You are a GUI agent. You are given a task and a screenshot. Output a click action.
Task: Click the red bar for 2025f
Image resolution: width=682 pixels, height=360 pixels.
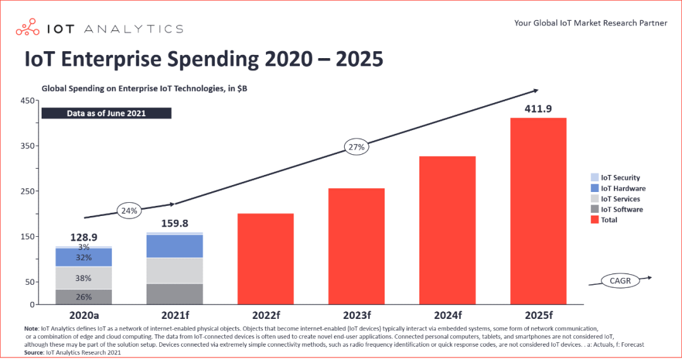pos(538,211)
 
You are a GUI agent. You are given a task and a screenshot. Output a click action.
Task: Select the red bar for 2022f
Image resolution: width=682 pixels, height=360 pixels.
pos(265,259)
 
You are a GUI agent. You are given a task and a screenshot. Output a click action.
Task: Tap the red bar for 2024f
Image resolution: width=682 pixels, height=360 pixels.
pos(448,230)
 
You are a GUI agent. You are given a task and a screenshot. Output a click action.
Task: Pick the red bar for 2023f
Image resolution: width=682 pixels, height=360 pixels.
pos(356,246)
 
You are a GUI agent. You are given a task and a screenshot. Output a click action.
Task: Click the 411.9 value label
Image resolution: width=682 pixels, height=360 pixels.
pos(538,109)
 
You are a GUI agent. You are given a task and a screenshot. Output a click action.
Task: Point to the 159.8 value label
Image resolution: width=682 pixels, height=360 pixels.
pos(174,224)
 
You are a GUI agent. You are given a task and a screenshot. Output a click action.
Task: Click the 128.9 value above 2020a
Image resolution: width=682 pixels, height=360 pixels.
pos(85,236)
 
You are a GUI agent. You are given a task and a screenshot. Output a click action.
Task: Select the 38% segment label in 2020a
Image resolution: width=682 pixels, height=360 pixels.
pos(84,278)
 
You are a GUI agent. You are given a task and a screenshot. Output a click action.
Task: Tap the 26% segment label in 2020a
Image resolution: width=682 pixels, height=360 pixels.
pos(84,297)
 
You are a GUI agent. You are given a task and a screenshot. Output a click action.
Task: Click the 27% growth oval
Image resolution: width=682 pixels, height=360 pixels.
pos(357,148)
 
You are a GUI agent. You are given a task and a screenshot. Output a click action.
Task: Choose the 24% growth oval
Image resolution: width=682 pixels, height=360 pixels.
pos(129,211)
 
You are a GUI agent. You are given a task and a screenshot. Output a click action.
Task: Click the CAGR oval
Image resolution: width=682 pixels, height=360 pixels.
pos(620,280)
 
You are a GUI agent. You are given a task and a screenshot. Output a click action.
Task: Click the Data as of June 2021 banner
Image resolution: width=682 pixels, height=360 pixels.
pos(106,114)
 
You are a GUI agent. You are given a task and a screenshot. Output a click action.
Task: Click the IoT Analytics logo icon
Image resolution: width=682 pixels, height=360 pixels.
pos(28,28)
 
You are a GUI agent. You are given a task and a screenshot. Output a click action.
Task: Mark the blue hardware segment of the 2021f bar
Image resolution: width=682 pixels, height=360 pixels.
pos(175,246)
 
